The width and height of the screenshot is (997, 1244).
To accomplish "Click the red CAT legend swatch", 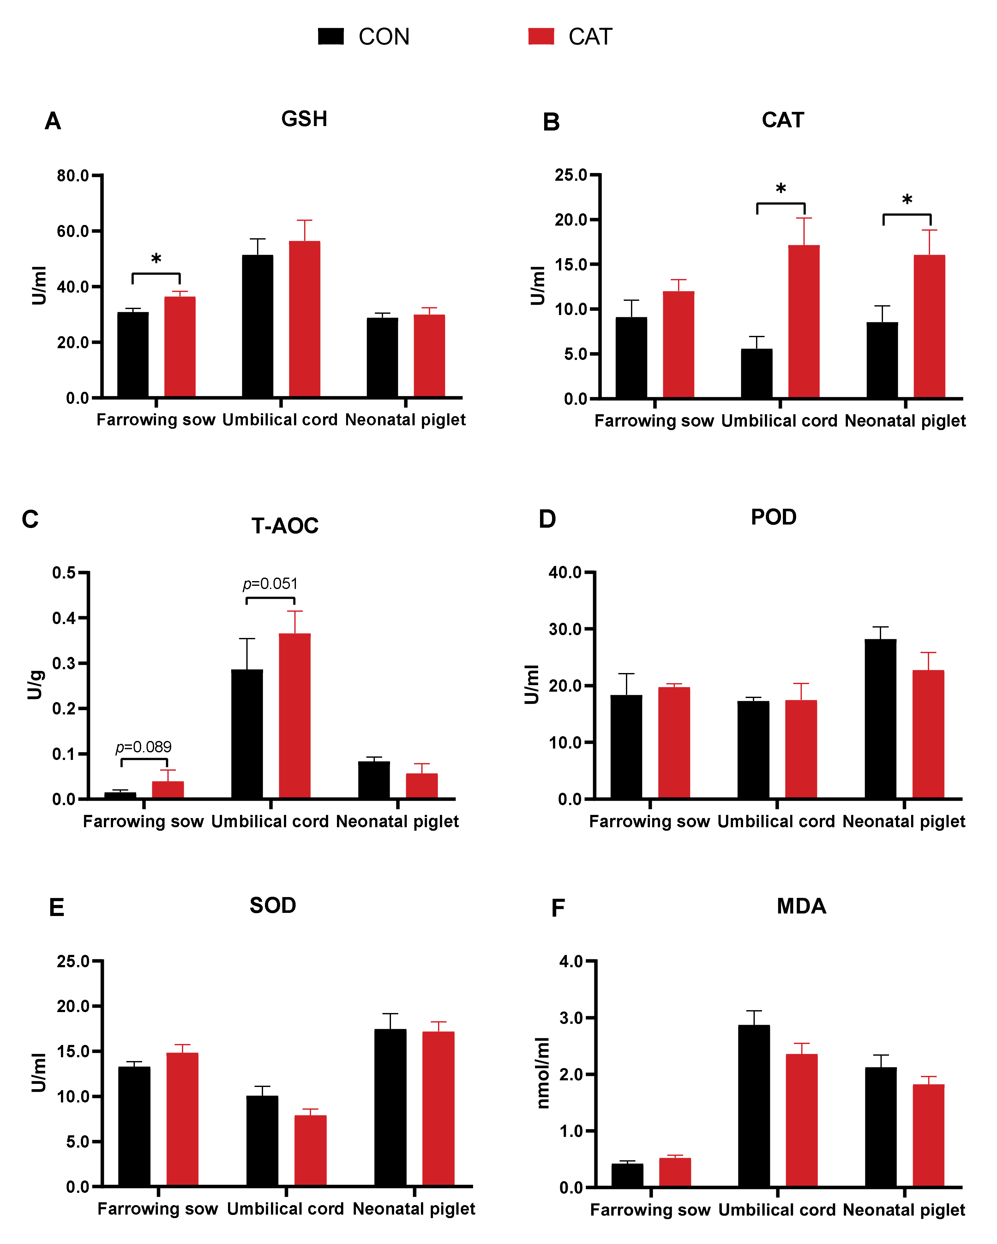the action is (x=541, y=36).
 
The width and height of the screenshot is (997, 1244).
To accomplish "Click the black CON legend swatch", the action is (x=331, y=36).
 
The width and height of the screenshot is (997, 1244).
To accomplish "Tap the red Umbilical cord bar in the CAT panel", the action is (x=804, y=321).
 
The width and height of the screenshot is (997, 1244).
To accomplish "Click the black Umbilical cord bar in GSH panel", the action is (x=258, y=326).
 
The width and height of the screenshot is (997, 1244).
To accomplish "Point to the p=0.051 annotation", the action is (x=270, y=584).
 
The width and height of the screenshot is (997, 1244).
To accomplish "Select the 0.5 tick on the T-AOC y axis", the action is (x=64, y=573).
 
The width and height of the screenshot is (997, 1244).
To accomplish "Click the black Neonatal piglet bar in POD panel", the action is (x=880, y=719).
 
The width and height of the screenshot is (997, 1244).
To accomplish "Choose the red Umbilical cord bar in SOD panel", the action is (x=310, y=1150).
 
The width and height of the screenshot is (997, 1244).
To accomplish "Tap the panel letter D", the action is (x=547, y=519).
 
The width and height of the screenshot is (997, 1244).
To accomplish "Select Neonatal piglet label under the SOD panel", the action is (x=414, y=1209).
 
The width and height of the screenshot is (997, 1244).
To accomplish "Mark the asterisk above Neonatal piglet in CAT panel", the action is (x=907, y=200).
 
